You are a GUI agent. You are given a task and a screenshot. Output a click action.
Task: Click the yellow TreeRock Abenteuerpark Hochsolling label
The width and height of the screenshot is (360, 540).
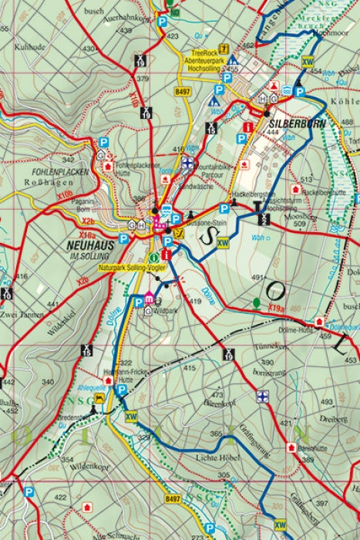click(x=204, y=62)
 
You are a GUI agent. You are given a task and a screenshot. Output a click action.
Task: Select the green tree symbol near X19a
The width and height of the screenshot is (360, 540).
click(x=257, y=302)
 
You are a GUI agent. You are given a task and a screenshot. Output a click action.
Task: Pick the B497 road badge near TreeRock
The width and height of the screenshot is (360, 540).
click(x=182, y=92)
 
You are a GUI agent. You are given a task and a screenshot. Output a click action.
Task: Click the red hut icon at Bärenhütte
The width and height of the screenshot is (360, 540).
click(x=291, y=447)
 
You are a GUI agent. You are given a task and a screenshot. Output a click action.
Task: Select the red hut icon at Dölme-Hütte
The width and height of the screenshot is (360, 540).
click(x=316, y=324)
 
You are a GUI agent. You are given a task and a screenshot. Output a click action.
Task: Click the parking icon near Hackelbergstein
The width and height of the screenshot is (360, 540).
click(x=224, y=208)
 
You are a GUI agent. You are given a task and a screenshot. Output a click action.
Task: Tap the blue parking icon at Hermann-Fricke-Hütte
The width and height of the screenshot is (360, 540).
click(x=121, y=390)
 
